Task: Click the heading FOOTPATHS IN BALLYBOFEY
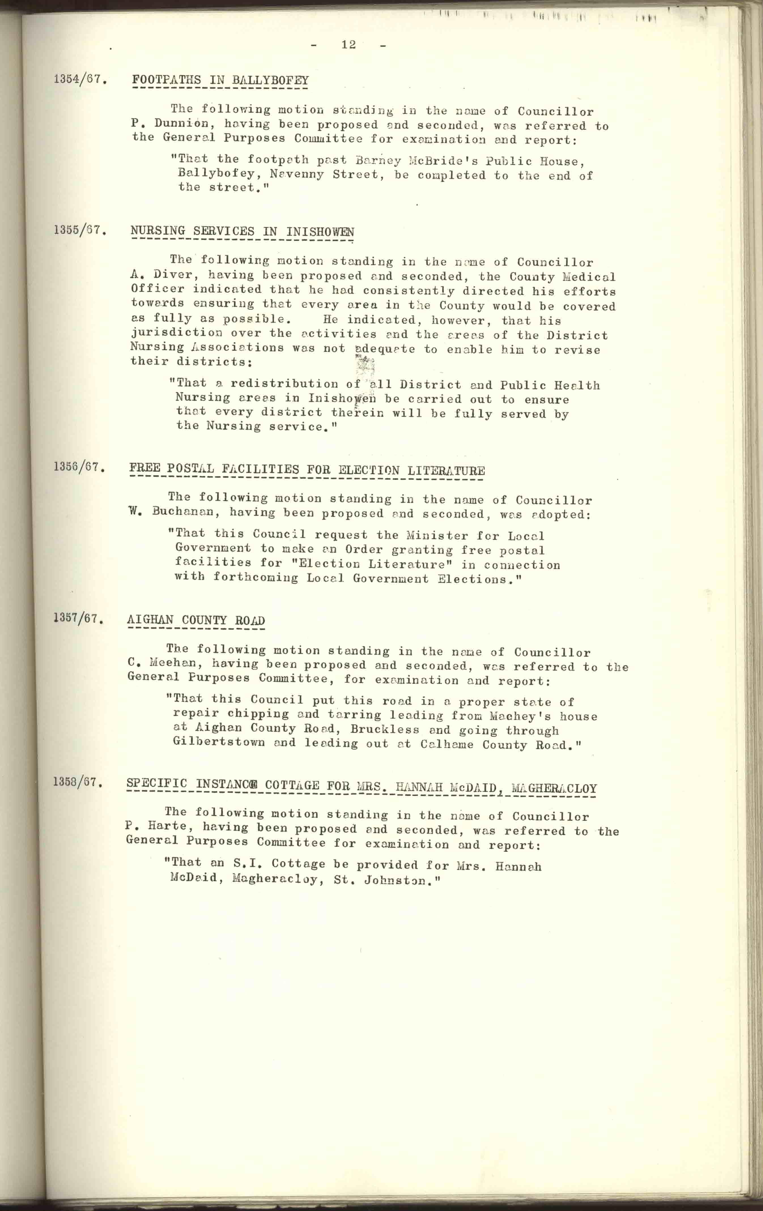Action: click(220, 80)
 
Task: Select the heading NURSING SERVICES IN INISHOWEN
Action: click(243, 231)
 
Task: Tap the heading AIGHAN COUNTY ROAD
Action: click(196, 621)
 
